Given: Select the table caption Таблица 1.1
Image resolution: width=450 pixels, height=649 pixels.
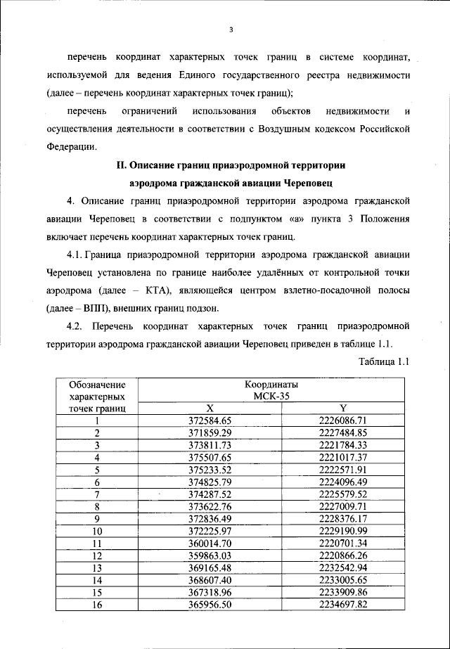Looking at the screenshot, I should click(384, 361).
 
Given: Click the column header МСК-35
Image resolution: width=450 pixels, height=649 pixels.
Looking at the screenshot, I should click(271, 396).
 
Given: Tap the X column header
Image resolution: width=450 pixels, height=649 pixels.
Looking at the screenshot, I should click(210, 408).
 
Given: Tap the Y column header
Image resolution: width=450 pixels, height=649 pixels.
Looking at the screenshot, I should click(343, 408).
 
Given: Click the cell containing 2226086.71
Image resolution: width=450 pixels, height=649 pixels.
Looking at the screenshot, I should click(343, 420).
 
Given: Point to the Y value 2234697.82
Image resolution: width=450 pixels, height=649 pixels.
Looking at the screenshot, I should click(343, 605).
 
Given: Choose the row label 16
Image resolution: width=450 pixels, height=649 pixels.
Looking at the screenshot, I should click(97, 605).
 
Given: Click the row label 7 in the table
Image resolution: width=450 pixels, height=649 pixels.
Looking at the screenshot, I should click(97, 494).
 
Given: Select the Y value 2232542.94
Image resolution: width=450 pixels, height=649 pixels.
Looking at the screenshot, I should click(343, 568).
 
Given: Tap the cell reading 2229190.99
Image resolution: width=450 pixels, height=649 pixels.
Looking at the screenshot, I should click(343, 531).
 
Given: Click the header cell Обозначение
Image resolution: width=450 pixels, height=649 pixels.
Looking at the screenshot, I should click(97, 385).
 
